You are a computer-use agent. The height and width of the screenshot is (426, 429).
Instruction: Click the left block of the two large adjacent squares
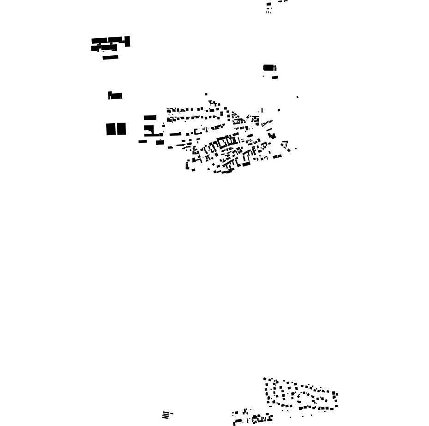coord(110,129)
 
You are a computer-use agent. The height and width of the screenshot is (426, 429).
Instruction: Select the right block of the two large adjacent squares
coord(121,129)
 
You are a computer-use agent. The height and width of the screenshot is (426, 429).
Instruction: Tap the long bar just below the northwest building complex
coord(110,58)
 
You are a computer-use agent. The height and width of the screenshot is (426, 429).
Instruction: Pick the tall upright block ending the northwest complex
coord(128,41)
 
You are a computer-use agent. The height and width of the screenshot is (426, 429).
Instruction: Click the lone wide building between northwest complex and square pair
coord(115,96)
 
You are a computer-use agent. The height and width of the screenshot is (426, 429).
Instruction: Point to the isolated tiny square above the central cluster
coord(206,95)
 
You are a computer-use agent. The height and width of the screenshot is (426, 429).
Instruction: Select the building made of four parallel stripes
coord(165,415)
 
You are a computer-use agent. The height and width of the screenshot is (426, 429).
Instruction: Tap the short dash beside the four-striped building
coord(172,414)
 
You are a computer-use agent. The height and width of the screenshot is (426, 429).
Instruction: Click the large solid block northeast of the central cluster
coord(269,68)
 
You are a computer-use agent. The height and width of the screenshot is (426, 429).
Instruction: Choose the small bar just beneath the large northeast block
coord(275,77)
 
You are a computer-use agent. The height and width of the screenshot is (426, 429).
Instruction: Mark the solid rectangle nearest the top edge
coord(268,4)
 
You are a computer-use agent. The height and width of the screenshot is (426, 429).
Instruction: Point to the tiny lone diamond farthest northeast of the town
coord(298,97)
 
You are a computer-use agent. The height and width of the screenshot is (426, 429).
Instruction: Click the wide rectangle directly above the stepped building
coord(150,118)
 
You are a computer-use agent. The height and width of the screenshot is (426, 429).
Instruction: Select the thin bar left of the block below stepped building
coord(143,142)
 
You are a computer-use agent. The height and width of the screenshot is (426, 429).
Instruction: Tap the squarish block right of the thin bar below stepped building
coord(160,142)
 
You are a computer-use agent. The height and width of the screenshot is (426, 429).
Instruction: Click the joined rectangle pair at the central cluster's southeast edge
coord(277,157)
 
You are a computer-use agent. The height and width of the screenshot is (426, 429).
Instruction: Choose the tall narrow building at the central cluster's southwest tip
coord(187,165)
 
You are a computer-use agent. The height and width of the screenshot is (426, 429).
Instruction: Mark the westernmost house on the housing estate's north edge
coord(265,379)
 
